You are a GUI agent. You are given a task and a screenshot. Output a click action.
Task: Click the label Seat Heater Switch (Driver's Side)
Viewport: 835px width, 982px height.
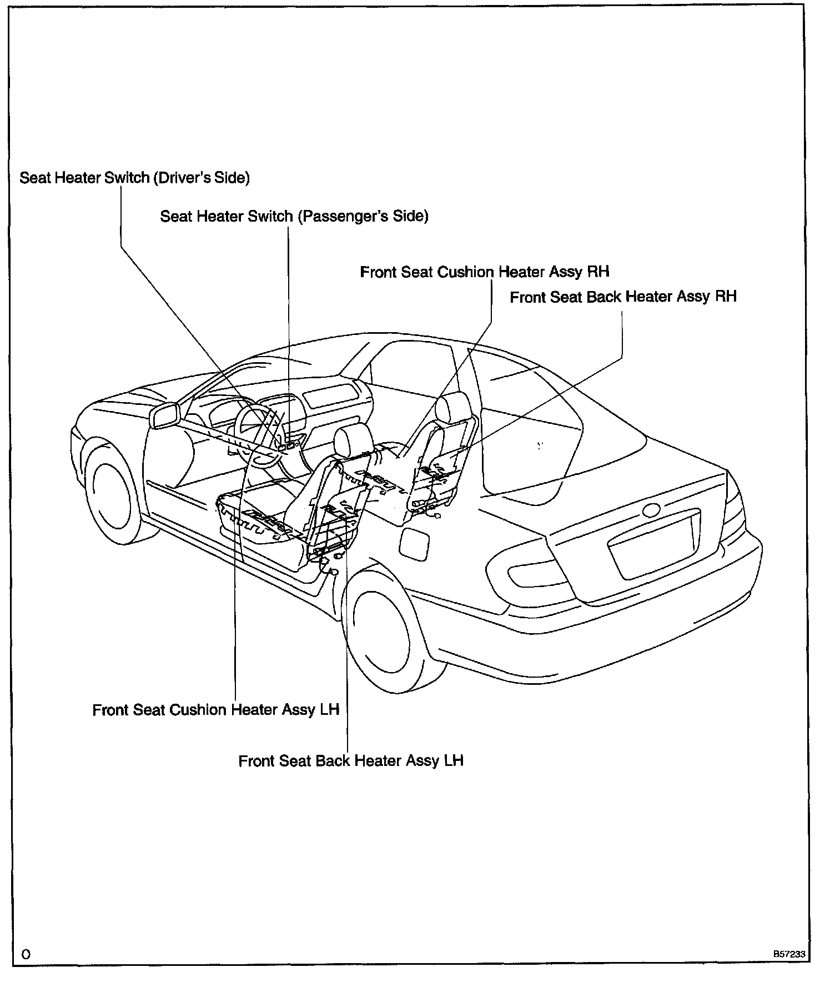pyautogui.click(x=134, y=178)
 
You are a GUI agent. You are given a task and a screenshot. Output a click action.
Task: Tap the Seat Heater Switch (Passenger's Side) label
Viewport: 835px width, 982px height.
pyautogui.click(x=294, y=216)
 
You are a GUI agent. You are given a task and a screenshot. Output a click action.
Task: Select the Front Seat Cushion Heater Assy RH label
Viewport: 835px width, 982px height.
pyautogui.click(x=484, y=272)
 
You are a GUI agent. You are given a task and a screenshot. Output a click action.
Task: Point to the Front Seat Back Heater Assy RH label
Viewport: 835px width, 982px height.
pyautogui.click(x=623, y=297)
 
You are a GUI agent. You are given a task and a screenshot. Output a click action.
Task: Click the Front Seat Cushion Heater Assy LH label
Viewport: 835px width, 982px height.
pyautogui.click(x=215, y=710)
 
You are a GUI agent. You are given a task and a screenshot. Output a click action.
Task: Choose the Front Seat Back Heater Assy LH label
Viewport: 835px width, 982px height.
pyautogui.click(x=351, y=760)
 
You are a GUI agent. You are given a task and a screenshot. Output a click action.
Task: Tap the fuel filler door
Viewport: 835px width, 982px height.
pyautogui.click(x=414, y=544)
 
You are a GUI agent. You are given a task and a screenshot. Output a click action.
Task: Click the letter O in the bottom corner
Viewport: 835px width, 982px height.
pyautogui.click(x=26, y=954)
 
